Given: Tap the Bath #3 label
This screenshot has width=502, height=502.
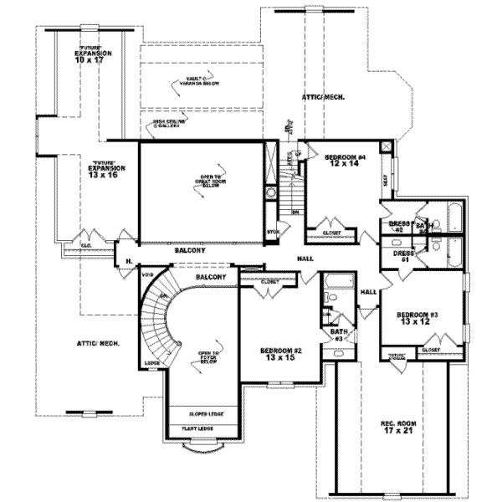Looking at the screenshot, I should [339, 336].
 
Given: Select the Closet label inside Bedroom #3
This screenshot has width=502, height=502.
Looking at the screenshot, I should [431, 350].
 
